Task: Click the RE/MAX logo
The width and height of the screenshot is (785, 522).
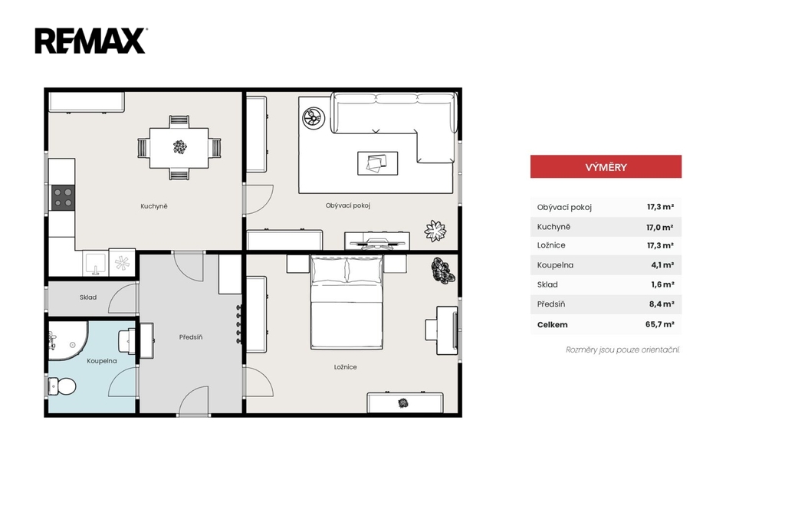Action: click(x=90, y=41)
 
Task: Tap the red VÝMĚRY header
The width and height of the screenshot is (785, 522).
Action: click(x=606, y=166)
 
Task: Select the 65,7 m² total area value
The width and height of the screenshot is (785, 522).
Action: click(x=659, y=324)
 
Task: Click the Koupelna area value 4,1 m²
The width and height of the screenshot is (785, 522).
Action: click(x=662, y=265)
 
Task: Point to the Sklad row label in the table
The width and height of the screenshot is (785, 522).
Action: click(x=547, y=284)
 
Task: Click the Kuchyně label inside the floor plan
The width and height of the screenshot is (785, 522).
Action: click(x=153, y=206)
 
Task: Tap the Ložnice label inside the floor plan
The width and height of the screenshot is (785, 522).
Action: click(x=346, y=367)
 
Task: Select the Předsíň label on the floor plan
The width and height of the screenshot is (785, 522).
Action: click(x=191, y=337)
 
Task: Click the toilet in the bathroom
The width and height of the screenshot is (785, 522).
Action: click(x=62, y=386)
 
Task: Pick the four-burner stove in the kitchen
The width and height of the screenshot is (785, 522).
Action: click(x=63, y=197)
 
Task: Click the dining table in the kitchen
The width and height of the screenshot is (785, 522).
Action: click(x=179, y=148)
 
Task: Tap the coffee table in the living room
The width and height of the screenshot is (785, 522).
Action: click(x=377, y=163)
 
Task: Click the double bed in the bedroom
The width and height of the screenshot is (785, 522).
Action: click(x=347, y=302)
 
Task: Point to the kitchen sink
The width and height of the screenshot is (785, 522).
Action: click(x=95, y=263)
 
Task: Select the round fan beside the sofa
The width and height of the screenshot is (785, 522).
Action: click(x=314, y=119)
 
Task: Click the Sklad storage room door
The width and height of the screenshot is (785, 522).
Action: click(x=123, y=299)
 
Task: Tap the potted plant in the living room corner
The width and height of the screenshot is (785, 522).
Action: click(x=435, y=231)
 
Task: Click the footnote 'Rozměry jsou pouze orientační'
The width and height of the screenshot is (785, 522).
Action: click(x=622, y=350)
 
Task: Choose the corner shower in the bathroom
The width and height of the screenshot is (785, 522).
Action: click(x=68, y=340)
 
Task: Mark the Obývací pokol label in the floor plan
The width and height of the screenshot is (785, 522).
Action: click(x=348, y=205)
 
